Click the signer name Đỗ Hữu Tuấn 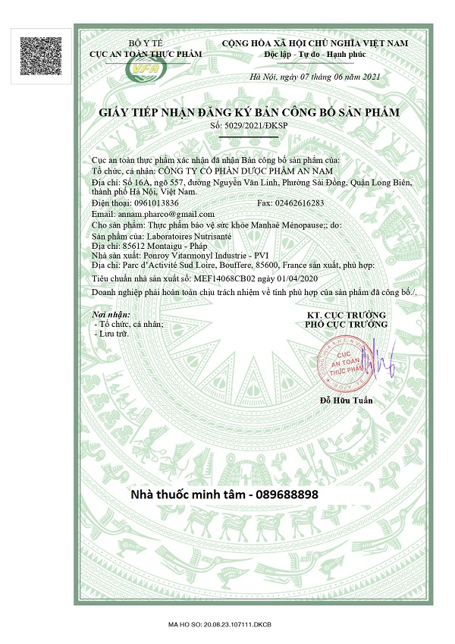[347, 400]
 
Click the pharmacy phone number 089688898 [286, 494]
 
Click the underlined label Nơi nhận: [111, 313]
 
